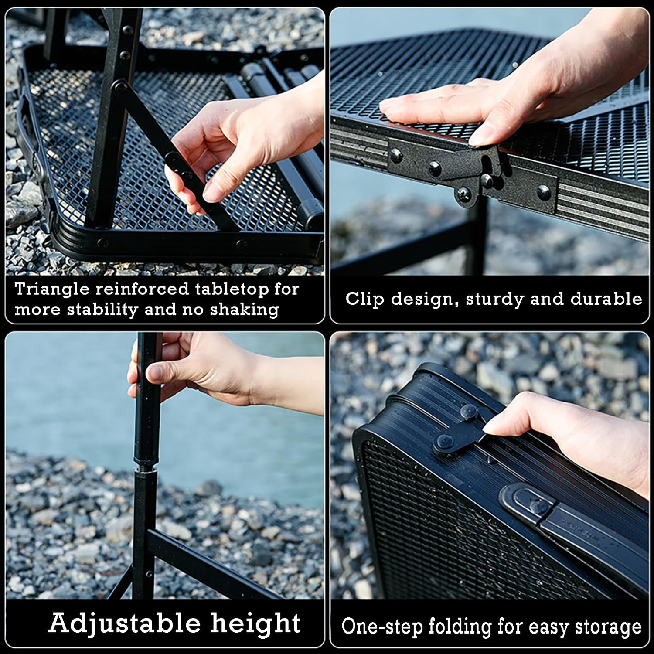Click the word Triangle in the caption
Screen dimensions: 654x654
click(52, 290)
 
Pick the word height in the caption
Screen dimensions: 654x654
click(256, 623)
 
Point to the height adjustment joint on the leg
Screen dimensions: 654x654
click(146, 469)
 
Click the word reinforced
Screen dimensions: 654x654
click(142, 290)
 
